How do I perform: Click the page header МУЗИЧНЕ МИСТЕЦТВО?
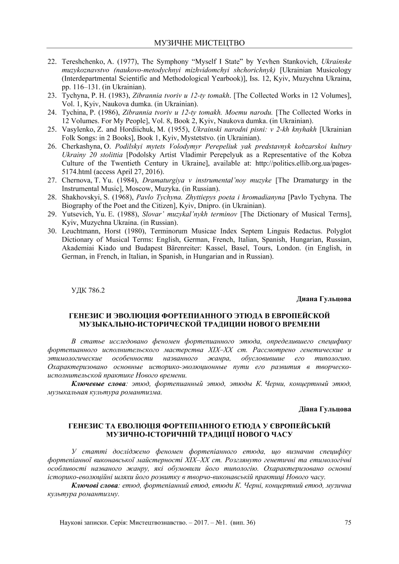pyautogui.click(x=199, y=43)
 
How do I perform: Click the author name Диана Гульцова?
pyautogui.click(x=324, y=299)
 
